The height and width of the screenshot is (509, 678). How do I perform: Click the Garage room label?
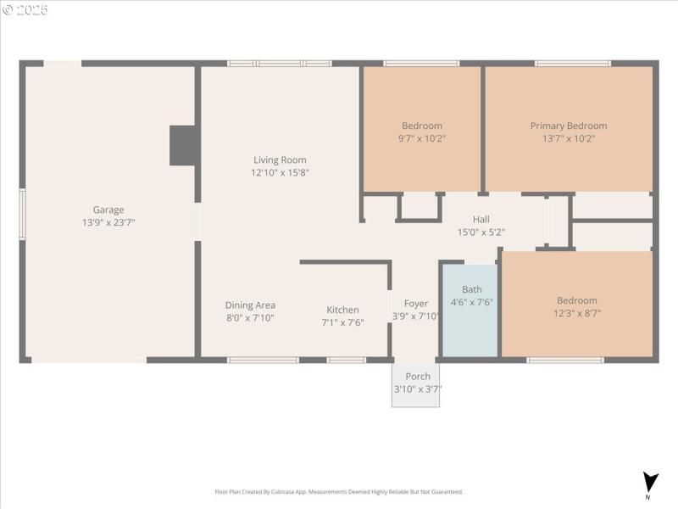point(108,210)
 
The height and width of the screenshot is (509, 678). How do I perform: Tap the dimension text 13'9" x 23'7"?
point(108,222)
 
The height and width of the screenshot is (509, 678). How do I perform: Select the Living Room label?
point(280,159)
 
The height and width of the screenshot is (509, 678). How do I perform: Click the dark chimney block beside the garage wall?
point(184,145)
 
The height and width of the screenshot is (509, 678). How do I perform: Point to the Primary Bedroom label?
point(569,126)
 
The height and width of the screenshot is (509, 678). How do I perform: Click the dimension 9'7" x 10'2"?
point(421,138)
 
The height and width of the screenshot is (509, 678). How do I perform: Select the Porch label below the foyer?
point(418,377)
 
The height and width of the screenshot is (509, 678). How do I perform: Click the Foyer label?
point(416,304)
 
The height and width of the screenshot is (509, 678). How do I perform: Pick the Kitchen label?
point(342,310)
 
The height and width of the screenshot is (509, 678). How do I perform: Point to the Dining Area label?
point(250,305)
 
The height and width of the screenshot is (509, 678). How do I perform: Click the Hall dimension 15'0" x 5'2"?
point(481,232)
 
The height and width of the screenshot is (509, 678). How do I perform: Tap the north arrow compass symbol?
point(650,482)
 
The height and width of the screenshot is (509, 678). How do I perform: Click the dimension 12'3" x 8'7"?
point(576,313)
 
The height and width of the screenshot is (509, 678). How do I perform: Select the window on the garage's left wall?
point(23,214)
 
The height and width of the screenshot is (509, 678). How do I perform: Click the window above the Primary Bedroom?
point(572,63)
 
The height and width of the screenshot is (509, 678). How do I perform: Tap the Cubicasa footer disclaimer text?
point(339,492)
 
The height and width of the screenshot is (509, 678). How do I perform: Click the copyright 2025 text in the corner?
point(25,10)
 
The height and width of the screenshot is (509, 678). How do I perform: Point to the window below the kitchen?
point(347,360)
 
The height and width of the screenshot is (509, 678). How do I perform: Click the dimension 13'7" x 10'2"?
point(569,138)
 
